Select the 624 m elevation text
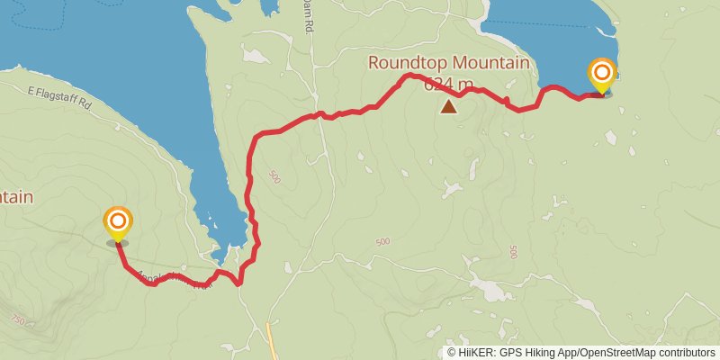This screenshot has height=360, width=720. tap(448, 85)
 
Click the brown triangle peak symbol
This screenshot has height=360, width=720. tap(448, 107)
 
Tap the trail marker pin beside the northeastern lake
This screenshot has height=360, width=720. tap(602, 74)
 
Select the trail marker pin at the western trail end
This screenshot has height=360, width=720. tap(118, 222)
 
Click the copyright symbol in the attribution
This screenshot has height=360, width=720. tap(451, 353)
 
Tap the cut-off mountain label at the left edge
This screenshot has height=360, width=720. tap(16, 197)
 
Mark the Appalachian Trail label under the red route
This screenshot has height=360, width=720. tap(175, 280)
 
